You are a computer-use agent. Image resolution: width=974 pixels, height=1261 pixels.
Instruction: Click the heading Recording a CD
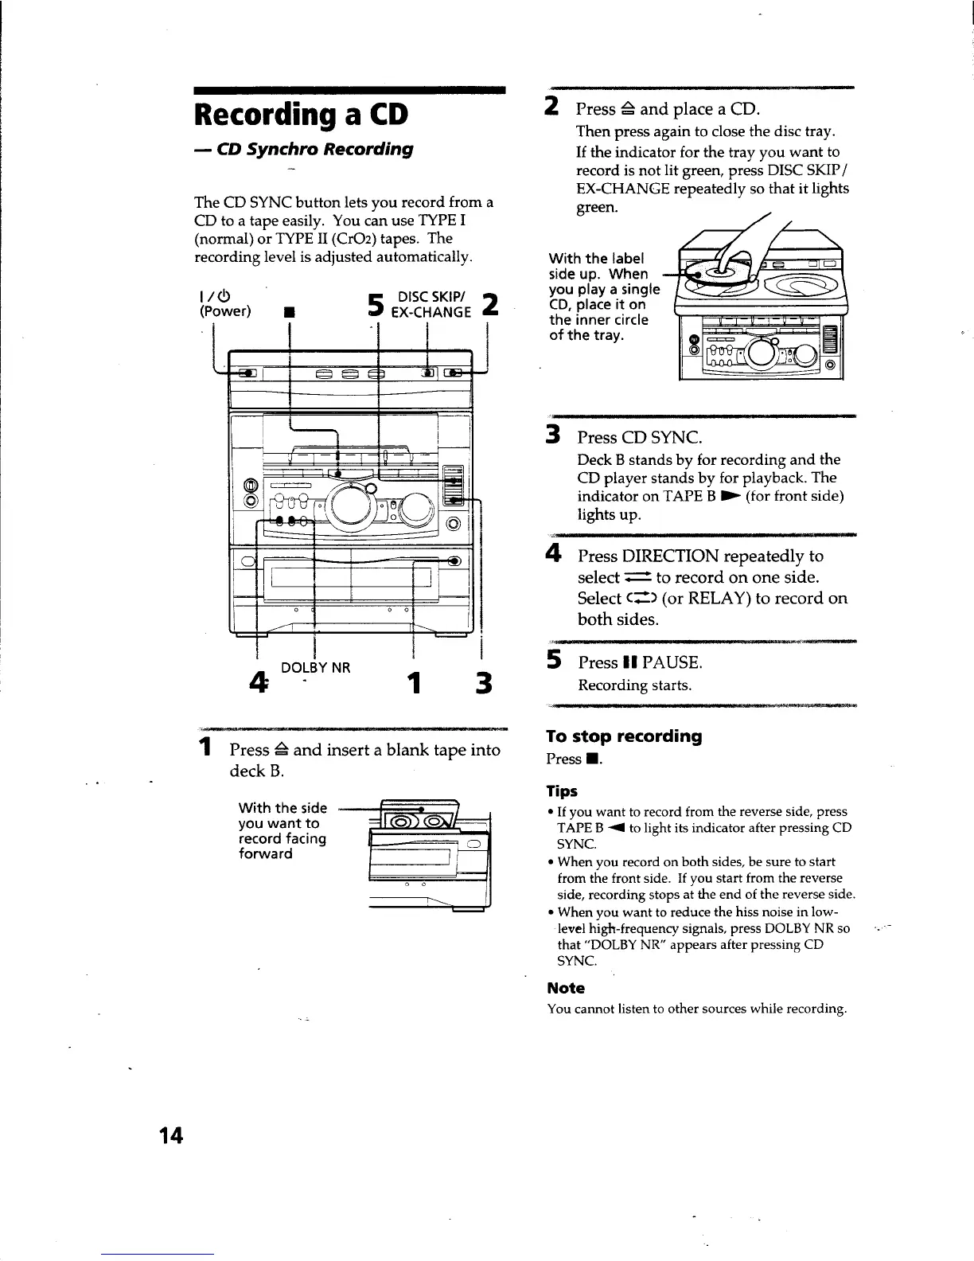[301, 115]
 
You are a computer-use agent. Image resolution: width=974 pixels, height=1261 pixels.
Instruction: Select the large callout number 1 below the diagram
[413, 684]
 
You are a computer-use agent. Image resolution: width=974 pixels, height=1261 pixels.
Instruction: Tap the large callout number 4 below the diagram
[258, 683]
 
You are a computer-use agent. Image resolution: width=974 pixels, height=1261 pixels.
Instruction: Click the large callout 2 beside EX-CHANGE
[492, 304]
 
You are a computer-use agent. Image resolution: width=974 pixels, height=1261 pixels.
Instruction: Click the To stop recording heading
[624, 736]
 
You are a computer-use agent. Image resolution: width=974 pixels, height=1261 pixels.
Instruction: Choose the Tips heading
[562, 791]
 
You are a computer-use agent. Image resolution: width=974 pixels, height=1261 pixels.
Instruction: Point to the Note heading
[566, 988]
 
